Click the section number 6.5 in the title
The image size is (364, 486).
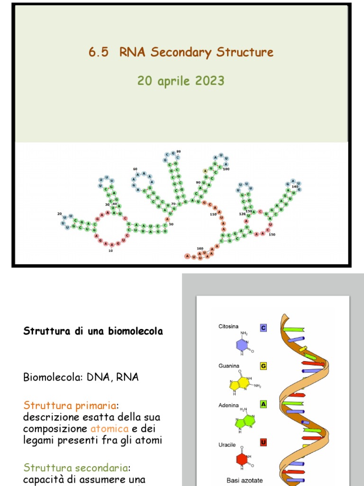[99, 52]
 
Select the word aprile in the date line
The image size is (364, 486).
[169, 81]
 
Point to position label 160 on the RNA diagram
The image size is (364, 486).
[200, 249]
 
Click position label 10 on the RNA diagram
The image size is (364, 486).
[110, 250]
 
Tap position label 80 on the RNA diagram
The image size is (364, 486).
[179, 151]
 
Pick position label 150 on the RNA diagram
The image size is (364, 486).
[272, 234]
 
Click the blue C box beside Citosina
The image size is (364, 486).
[263, 327]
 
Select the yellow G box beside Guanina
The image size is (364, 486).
[263, 366]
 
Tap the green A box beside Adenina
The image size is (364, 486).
[263, 404]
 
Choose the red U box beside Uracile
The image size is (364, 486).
[263, 443]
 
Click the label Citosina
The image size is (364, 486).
[228, 327]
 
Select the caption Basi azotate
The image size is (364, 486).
[245, 480]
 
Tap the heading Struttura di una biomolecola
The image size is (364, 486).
[93, 331]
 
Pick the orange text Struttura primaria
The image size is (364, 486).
[70, 406]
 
